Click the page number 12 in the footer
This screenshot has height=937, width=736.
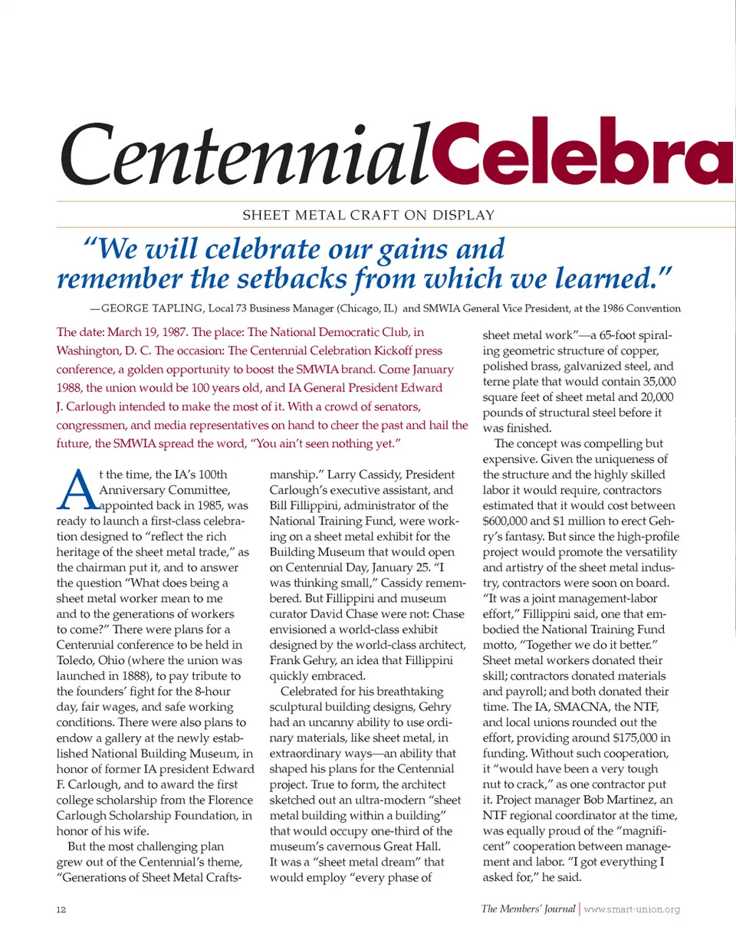point(61,910)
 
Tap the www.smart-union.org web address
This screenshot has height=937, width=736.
point(632,910)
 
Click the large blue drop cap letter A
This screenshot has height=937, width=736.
point(73,491)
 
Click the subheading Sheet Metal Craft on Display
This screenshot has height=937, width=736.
point(369,215)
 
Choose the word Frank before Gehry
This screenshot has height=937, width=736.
point(287,659)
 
